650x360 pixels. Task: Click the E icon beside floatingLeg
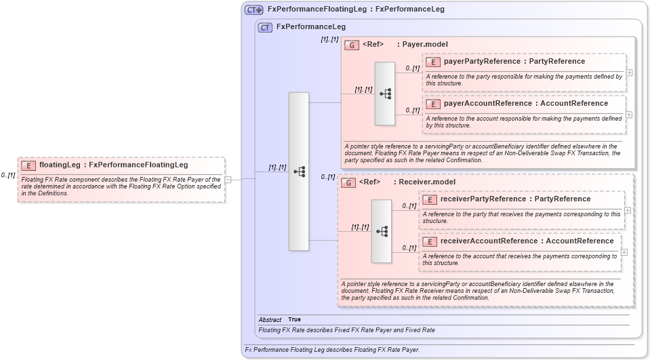[28, 165]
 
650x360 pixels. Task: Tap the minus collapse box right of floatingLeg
[228, 180]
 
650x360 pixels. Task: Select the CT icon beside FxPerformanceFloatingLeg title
[254, 9]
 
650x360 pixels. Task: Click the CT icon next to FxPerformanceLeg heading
[266, 27]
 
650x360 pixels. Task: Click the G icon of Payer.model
[352, 45]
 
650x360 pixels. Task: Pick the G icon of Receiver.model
[348, 182]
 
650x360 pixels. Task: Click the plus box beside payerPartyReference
[629, 73]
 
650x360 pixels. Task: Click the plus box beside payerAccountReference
[629, 115]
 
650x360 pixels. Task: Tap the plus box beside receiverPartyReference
[628, 210]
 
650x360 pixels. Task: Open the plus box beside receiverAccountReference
[624, 252]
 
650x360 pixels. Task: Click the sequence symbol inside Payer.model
[385, 94]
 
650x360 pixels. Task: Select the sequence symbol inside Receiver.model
[382, 231]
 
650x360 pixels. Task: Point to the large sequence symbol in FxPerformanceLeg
[299, 172]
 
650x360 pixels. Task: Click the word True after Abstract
[294, 319]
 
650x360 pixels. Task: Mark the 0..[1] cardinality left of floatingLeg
[8, 175]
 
